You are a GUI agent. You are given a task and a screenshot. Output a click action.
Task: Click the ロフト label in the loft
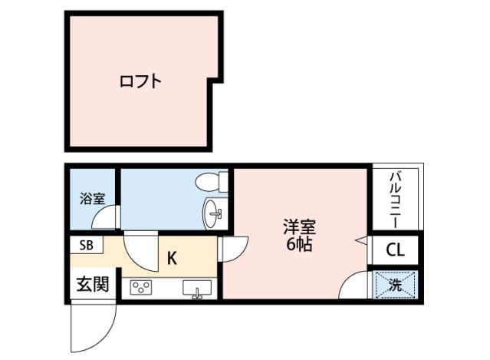click(140, 81)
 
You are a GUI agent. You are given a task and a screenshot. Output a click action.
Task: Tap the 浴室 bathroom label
click(93, 199)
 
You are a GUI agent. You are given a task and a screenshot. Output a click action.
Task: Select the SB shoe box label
click(86, 245)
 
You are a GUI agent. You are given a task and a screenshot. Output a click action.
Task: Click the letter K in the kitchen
click(173, 259)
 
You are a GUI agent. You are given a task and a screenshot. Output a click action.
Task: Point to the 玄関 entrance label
click(93, 284)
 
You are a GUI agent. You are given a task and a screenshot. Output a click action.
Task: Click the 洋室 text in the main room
click(299, 227)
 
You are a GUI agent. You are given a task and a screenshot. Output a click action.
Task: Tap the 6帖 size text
click(299, 245)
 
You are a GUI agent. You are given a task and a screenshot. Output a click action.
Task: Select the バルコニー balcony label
click(396, 200)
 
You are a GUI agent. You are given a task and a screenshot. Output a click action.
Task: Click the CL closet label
click(396, 250)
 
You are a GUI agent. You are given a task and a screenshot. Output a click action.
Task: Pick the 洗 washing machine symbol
click(396, 285)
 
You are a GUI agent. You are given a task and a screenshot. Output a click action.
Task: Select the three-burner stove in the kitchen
click(141, 287)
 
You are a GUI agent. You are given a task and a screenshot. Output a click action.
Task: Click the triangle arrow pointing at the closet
click(362, 240)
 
